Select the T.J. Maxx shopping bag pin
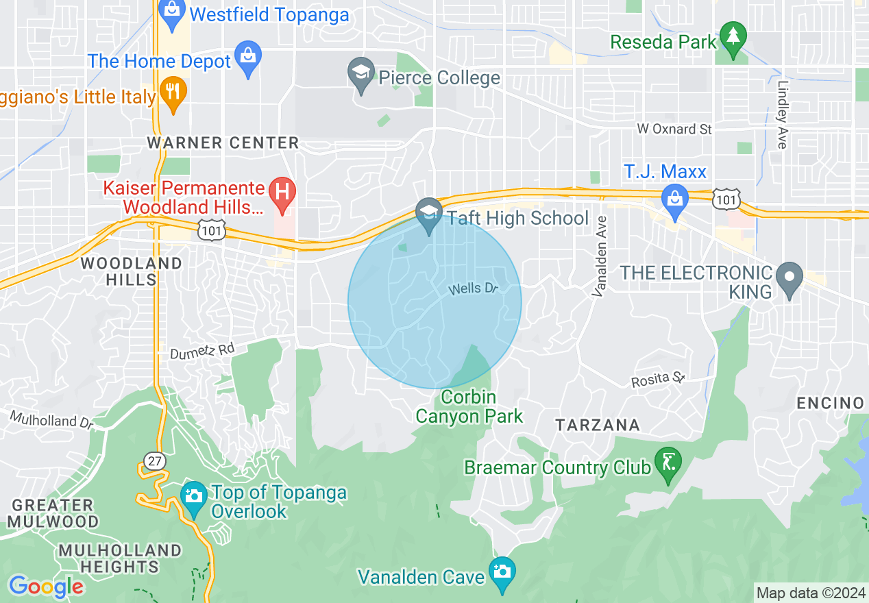click(x=675, y=200)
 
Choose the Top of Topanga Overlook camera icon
click(x=194, y=495)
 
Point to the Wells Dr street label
click(x=473, y=289)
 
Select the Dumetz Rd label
click(x=202, y=350)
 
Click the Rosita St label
click(x=659, y=378)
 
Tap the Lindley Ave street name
click(x=782, y=114)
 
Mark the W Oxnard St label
click(x=674, y=129)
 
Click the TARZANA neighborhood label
click(x=598, y=426)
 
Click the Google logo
click(x=46, y=587)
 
